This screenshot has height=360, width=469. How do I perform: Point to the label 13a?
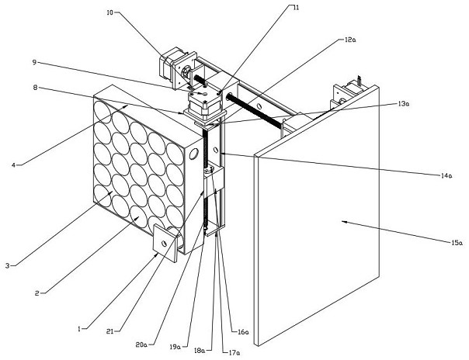coord(403,103)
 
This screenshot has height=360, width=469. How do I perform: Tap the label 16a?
coord(243,332)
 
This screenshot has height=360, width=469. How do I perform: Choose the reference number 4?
coord(16,164)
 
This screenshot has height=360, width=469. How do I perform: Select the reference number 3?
coord(7,265)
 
